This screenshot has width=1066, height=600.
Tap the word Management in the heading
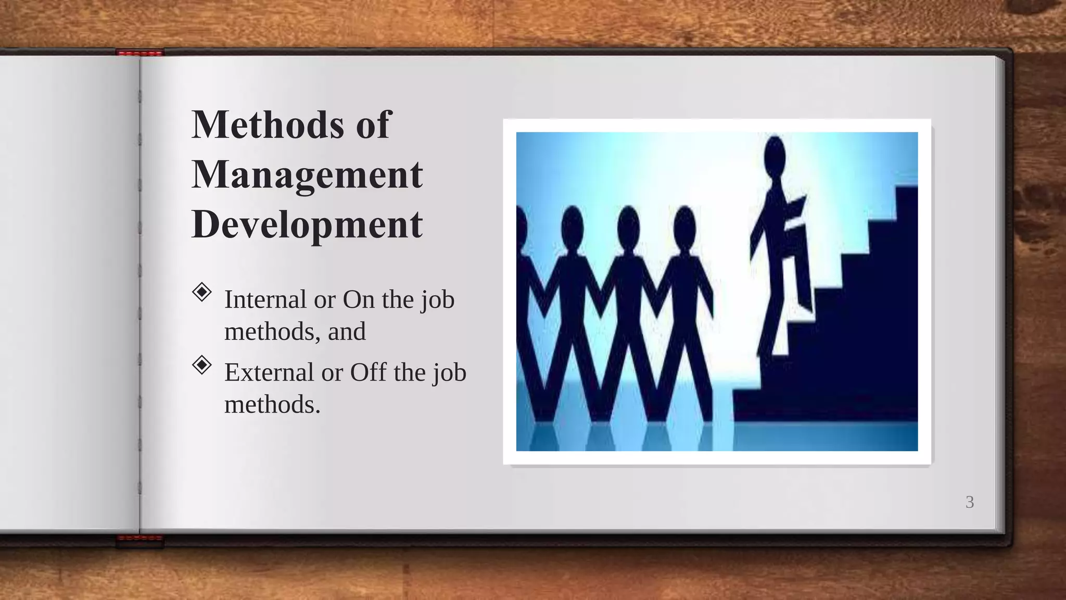coord(307,175)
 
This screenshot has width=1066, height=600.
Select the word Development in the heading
coord(307,225)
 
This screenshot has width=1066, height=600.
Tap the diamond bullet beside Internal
coord(201,292)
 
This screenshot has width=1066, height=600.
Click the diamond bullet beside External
coord(201,365)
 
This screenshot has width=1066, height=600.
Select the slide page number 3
coord(969,502)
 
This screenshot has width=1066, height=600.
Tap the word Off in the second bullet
coord(368,372)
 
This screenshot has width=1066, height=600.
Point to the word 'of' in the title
coord(373,124)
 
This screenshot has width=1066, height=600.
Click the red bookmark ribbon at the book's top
coord(139,53)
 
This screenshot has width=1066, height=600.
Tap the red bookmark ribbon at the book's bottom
coord(139,540)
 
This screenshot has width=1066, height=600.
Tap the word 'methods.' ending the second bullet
coord(272,404)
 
